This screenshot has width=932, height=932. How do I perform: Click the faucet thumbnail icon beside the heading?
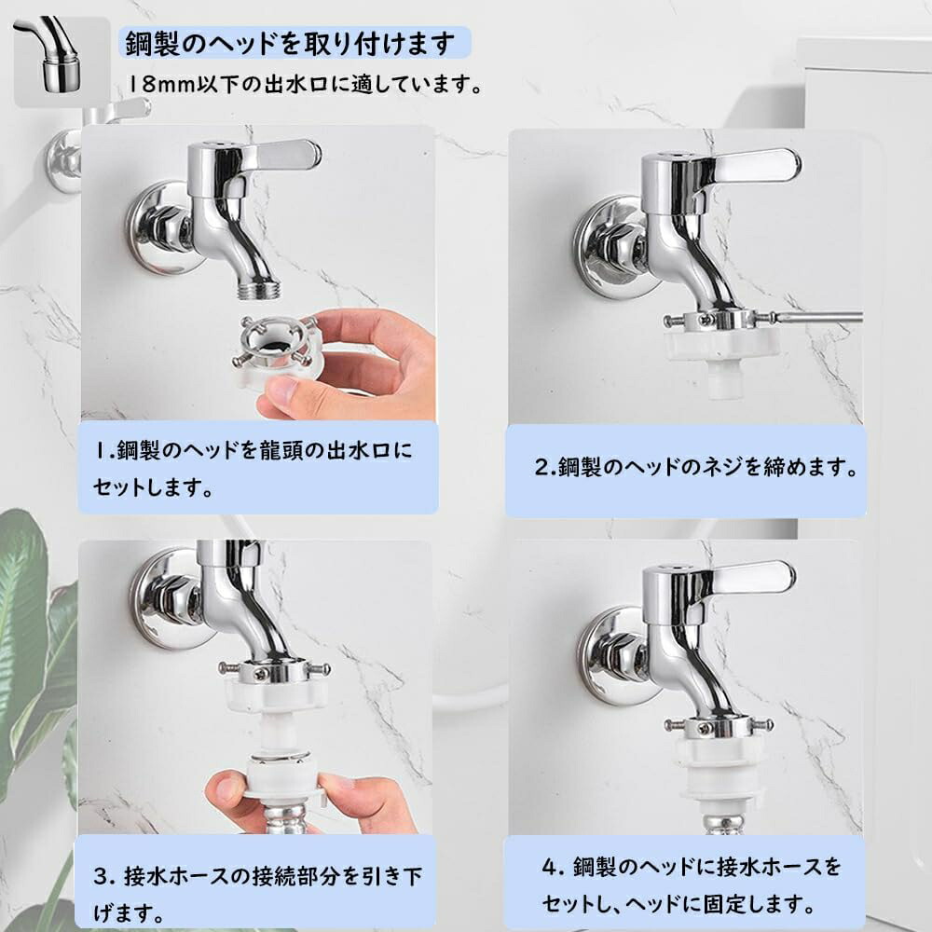click(62, 62)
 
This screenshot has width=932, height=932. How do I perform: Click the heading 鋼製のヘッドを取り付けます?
click(290, 44)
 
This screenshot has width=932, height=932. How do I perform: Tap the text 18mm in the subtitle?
click(162, 85)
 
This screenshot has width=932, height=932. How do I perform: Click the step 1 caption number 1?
click(102, 450)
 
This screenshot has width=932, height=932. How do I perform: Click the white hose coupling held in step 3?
click(279, 775)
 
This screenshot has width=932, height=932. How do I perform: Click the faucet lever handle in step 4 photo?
click(752, 577)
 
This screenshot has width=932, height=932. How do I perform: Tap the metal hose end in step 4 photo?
click(721, 823)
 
